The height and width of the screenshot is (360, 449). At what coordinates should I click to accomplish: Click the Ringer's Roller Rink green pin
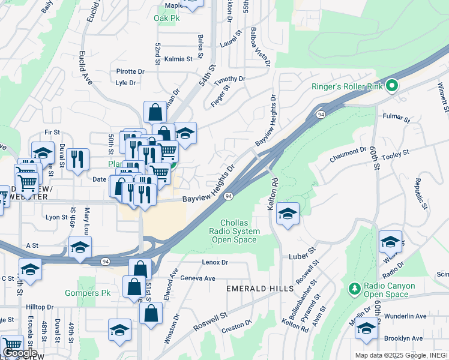392,86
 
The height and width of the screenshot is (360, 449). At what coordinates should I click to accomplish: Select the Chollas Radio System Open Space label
235,231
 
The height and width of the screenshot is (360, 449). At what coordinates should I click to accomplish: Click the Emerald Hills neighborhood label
253,289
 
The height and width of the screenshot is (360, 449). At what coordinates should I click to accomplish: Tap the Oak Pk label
167,19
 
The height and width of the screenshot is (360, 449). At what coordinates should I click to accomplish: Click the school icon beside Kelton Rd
288,215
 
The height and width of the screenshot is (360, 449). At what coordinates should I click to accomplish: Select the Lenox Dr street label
215,262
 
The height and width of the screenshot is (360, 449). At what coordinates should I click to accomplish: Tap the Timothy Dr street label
230,79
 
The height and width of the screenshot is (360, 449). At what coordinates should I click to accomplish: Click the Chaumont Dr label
348,155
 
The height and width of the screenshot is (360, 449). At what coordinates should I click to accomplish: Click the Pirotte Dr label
130,71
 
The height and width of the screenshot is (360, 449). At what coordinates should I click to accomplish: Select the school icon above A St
80,247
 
